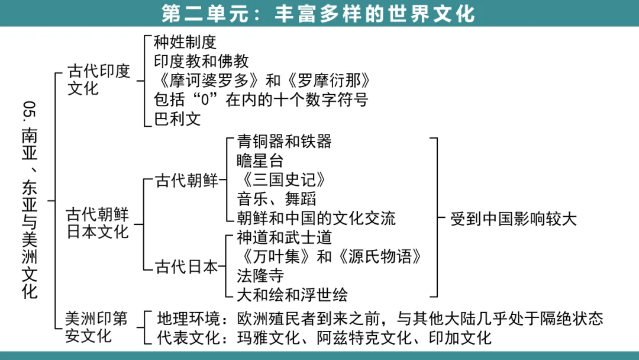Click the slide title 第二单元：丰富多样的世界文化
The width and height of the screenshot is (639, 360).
(319, 13)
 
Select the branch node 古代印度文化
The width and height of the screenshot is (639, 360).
(99, 80)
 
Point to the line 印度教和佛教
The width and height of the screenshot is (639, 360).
(201, 61)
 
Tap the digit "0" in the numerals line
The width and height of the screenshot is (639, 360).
(205, 100)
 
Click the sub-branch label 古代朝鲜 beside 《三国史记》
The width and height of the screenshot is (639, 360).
(187, 181)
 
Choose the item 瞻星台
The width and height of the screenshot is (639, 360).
(260, 160)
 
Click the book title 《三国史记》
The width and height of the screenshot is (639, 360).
(281, 180)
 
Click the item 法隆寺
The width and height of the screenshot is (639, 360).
(260, 275)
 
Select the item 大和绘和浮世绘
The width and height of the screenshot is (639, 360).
(292, 294)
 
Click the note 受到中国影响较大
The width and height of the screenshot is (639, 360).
(513, 218)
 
